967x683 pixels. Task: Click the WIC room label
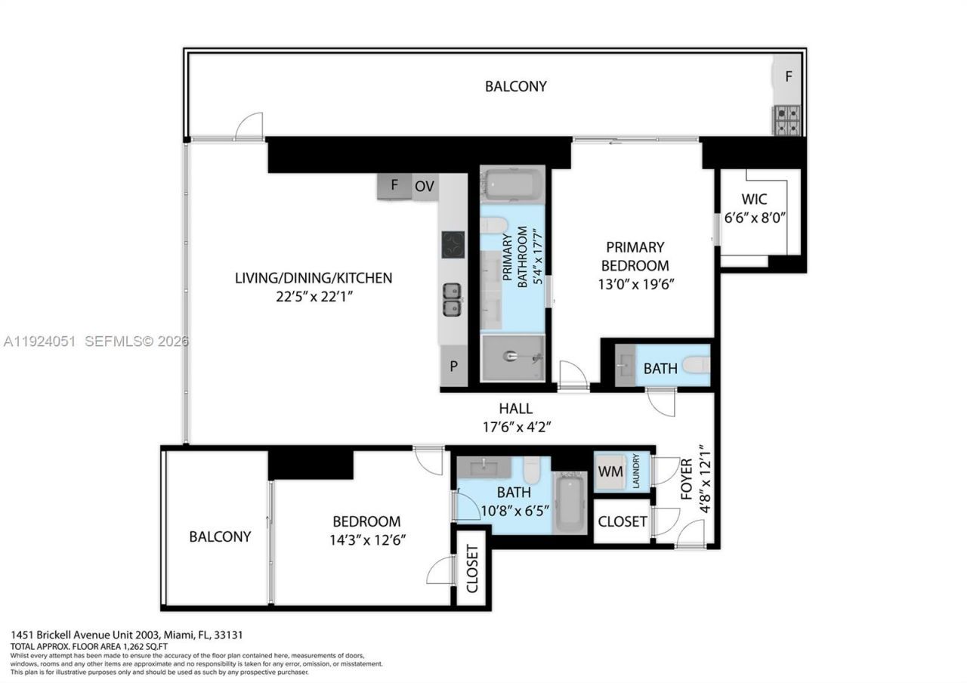(754, 199)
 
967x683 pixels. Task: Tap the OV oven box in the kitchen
(425, 186)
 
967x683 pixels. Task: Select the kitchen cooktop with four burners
(453, 244)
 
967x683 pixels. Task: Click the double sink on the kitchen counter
(453, 299)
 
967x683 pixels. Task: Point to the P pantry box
(453, 366)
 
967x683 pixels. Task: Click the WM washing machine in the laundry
(610, 471)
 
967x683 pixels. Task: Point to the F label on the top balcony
(788, 76)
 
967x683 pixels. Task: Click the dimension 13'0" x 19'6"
(635, 284)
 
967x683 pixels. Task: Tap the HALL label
(517, 409)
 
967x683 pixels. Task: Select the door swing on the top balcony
(249, 126)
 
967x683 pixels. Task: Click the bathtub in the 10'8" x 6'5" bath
(570, 502)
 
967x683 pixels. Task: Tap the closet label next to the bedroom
(472, 568)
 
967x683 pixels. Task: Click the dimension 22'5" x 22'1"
(314, 297)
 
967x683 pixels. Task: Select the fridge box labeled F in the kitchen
(394, 186)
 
